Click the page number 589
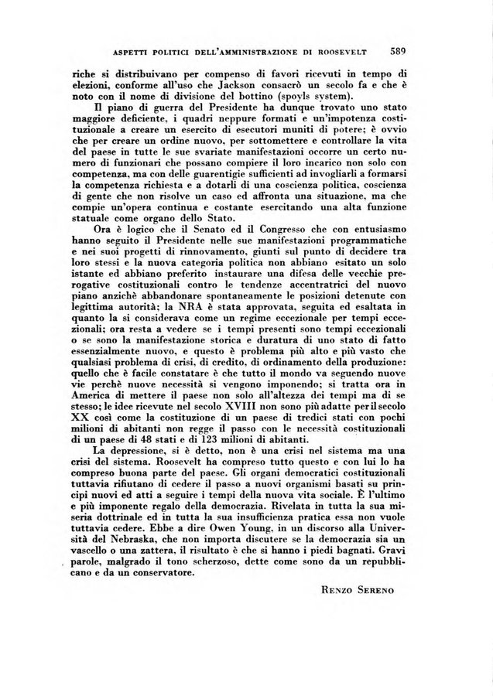pyautogui.click(x=399, y=52)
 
